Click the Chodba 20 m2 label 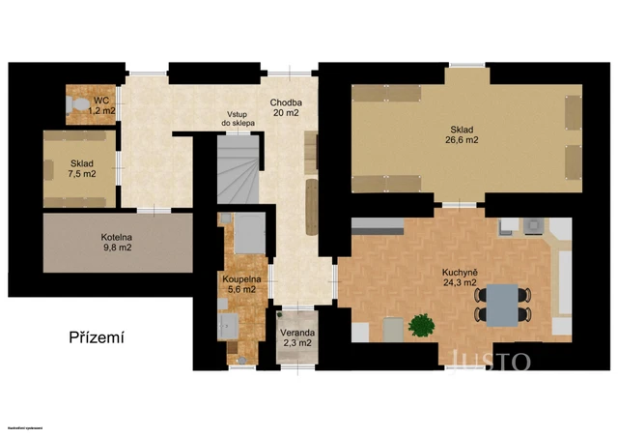tap(286, 107)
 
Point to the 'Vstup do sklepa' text tap(238, 118)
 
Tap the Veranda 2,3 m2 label tap(296, 337)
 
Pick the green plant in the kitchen tap(421, 326)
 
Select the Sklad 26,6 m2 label tap(463, 134)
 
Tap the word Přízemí tap(98, 337)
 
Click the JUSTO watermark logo tap(487, 362)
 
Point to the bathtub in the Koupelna tap(248, 233)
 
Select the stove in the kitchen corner tap(532, 227)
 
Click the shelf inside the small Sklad tap(49, 170)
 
